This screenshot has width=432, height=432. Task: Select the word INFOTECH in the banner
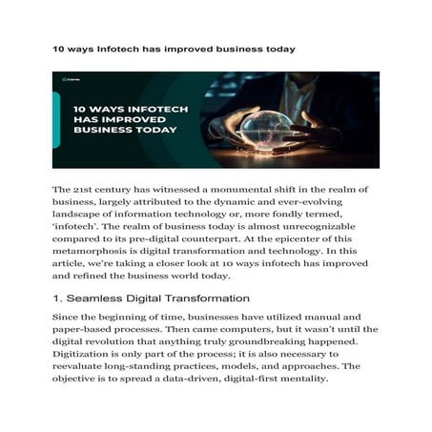[155, 110]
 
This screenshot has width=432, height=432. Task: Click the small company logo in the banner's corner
[70, 79]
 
